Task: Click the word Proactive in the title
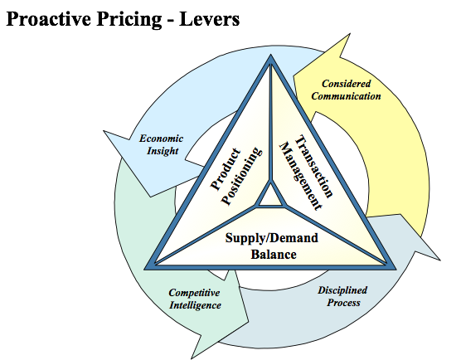tap(49, 19)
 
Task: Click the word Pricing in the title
tap(129, 20)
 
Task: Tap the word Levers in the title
tap(209, 19)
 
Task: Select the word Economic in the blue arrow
tap(161, 139)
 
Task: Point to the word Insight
tap(163, 151)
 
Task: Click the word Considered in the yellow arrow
tap(346, 84)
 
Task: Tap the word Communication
tap(346, 96)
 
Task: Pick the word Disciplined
tap(342, 290)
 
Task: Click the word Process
tap(343, 303)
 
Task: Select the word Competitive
tap(194, 293)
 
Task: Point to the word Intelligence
tap(195, 305)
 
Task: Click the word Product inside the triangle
tap(226, 169)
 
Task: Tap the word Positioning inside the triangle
tap(241, 176)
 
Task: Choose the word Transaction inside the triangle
tap(314, 166)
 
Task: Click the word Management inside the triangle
tap(300, 177)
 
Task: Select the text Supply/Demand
tap(272, 237)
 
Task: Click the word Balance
tap(274, 255)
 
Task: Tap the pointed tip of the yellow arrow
tap(350, 33)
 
